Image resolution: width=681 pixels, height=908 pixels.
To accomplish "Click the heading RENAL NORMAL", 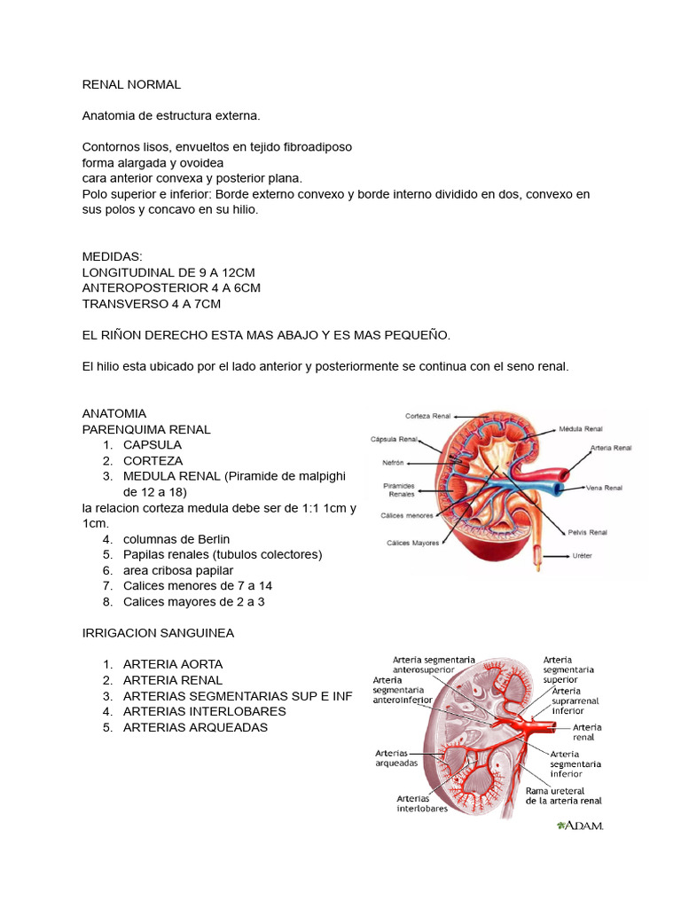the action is (x=131, y=84).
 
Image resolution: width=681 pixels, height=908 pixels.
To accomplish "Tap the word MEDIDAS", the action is (x=112, y=256).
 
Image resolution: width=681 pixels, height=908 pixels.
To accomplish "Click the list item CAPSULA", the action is (x=153, y=444).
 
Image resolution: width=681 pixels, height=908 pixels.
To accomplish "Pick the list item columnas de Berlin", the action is (x=176, y=539).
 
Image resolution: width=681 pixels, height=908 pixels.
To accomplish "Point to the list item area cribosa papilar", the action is (x=178, y=570).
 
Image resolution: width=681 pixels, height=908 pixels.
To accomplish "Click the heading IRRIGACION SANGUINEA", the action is (x=158, y=633).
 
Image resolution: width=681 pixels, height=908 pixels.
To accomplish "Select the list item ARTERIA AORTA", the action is (x=173, y=664).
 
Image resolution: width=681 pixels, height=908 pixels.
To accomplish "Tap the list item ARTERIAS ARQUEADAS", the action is (x=195, y=728).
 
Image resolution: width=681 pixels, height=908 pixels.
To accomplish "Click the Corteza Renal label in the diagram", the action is (x=428, y=416).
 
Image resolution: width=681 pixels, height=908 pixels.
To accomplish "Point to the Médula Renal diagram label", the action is (x=581, y=427).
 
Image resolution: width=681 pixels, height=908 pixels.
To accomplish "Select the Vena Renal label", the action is (x=604, y=488).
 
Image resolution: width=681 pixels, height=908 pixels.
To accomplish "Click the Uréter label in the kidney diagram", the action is (x=583, y=557).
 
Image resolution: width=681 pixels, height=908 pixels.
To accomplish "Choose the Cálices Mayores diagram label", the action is (x=412, y=543).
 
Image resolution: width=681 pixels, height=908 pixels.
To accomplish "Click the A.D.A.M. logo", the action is (x=580, y=826).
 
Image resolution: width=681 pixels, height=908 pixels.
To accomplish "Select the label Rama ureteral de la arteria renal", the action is (x=563, y=795).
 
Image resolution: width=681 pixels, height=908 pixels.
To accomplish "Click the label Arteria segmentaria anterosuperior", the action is (x=434, y=665).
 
